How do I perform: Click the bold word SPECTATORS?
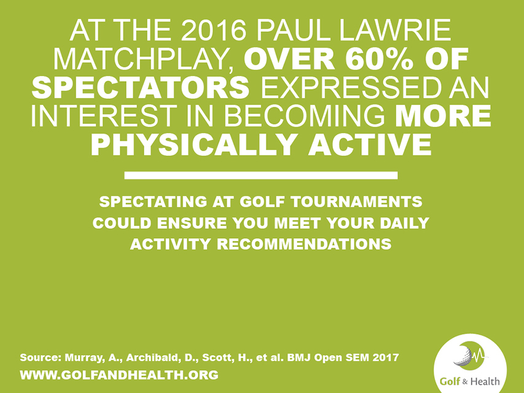[140, 87]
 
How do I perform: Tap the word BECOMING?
[304, 116]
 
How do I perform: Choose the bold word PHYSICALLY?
[194, 145]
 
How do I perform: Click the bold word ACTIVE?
[370, 145]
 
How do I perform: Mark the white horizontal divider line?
[261, 175]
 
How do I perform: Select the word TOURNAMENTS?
[356, 202]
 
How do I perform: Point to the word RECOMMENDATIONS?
[304, 244]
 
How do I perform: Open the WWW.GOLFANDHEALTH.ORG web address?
[119, 375]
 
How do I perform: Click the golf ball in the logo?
[463, 356]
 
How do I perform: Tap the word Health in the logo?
[485, 381]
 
